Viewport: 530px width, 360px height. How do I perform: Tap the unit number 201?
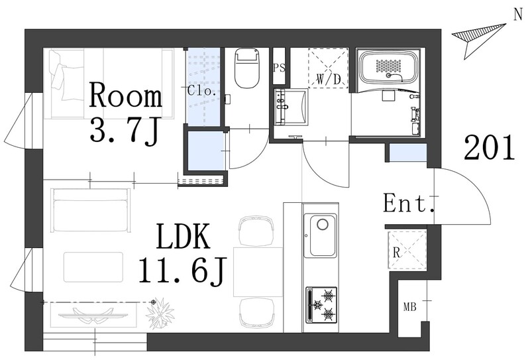pos(490,147)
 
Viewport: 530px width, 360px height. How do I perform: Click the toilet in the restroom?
pos(247,68)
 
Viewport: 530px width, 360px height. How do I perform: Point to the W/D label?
pos(328,80)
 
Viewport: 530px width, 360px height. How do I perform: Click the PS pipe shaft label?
pos(279,68)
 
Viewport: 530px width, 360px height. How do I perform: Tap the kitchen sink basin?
pos(320,235)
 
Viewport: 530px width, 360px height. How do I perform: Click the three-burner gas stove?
pos(321,304)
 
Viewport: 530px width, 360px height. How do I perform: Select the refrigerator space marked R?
pos(407,250)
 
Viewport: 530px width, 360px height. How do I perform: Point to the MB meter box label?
pos(409,307)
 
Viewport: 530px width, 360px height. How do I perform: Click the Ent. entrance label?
pos(408,204)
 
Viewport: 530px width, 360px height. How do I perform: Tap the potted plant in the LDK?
pos(160,312)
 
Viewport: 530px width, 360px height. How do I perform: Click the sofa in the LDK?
pos(91,210)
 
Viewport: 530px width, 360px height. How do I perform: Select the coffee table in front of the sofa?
pos(93,267)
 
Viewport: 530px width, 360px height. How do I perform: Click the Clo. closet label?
pos(202,91)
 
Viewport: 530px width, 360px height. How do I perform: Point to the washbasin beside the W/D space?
pos(291,107)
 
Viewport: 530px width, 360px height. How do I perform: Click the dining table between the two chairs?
pos(258,272)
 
